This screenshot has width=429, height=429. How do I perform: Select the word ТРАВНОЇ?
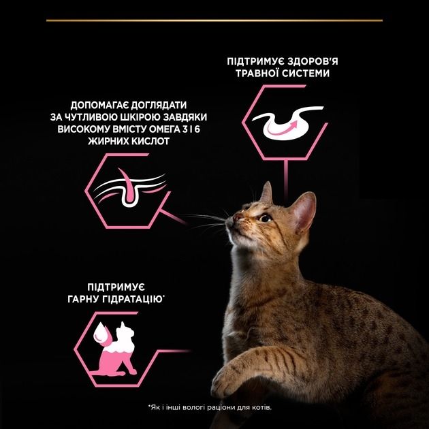pos(253,73)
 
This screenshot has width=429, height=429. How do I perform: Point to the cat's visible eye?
pos(264,218)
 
